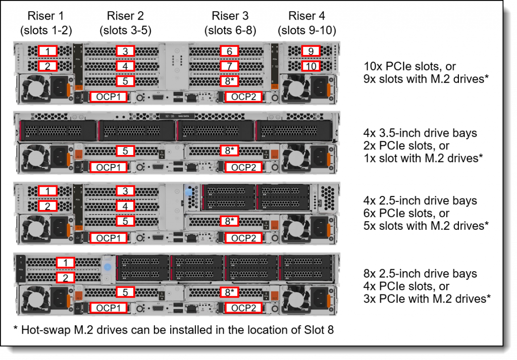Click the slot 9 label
pos(311,51)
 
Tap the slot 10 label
pos(311,66)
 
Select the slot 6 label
pos(230,51)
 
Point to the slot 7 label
pos(230,66)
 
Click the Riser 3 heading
pos(230,16)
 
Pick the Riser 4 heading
pos(306,16)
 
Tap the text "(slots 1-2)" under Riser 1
pos(46,30)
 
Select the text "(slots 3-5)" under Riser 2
pos(126,30)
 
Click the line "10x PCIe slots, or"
pos(409,66)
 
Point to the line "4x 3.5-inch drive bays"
pos(420,133)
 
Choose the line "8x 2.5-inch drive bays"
pos(420,273)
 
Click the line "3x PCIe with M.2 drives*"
pos(427,299)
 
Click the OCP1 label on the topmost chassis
pos(109,97)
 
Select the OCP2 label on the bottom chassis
pos(244,308)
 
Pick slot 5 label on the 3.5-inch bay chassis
pos(125,150)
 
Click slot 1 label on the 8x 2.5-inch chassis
pos(65,263)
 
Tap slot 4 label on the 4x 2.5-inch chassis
pos(125,206)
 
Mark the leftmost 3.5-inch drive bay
pos(58,131)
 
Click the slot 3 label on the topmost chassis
pos(125,51)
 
